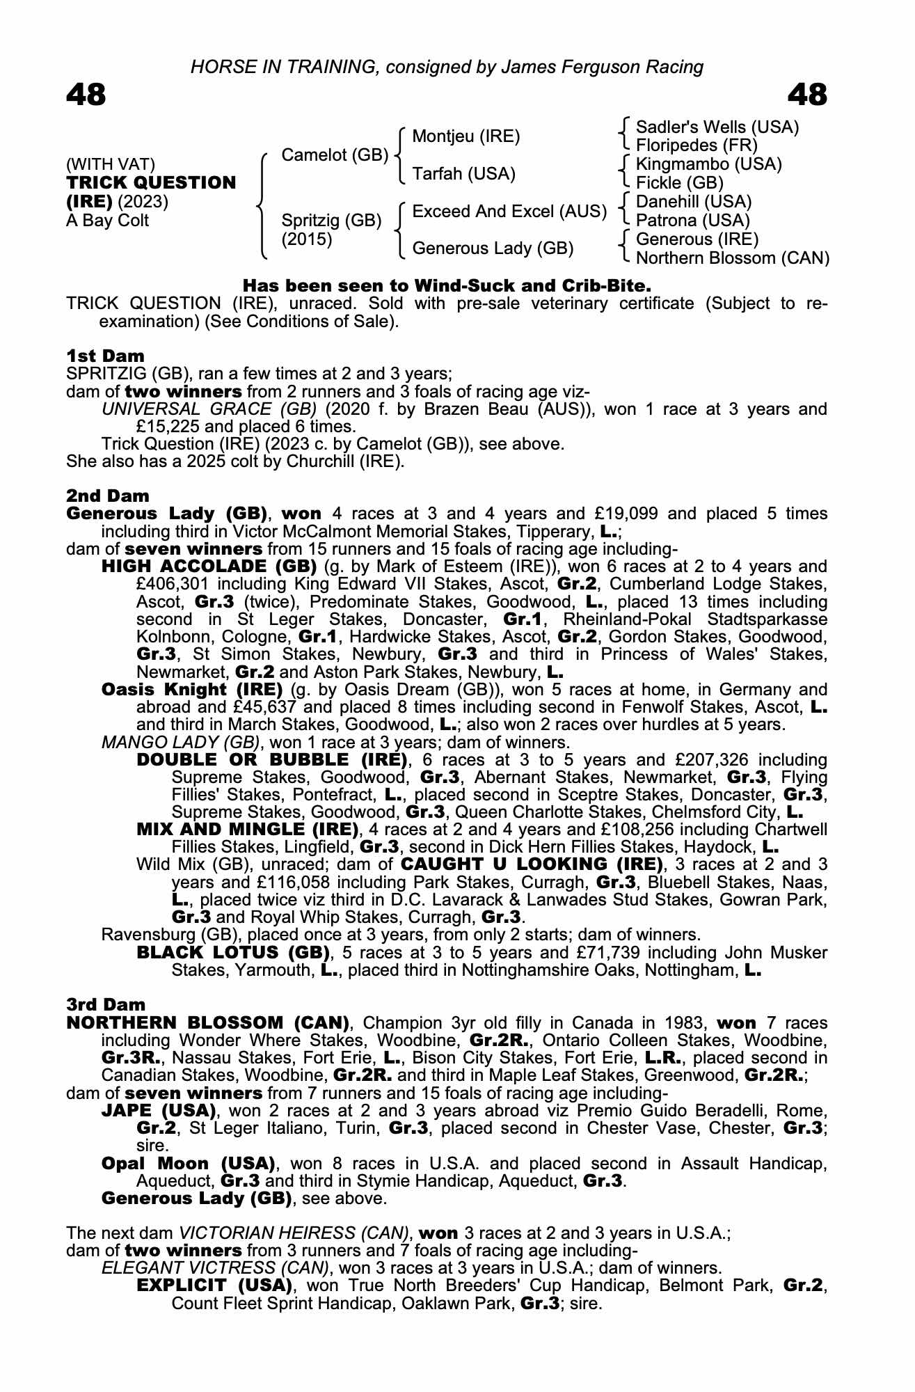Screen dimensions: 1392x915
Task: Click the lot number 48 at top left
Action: [x=86, y=95]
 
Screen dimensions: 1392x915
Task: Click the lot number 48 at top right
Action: [x=807, y=95]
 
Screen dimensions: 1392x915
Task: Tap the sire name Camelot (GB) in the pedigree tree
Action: [x=335, y=155]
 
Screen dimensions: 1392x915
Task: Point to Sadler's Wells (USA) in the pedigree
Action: [x=717, y=127]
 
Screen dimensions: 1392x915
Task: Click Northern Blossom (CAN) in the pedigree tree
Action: [x=733, y=258]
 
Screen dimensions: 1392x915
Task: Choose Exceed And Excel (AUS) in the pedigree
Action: [x=509, y=212]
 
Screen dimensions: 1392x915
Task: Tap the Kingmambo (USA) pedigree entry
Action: [x=709, y=165]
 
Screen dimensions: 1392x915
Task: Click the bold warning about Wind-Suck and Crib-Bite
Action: [x=447, y=286]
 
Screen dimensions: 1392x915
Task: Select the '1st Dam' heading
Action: [x=106, y=356]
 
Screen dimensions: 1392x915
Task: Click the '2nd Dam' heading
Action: [x=108, y=496]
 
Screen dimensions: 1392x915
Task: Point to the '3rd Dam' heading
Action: [x=106, y=1004]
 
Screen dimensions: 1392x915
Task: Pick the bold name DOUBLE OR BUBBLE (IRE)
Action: [x=272, y=759]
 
